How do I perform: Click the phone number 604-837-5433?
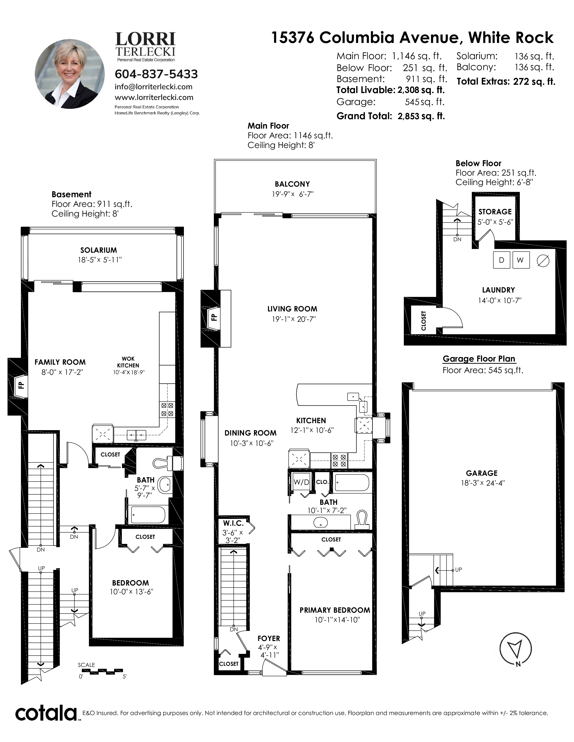click(156, 74)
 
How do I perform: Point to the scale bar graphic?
click(102, 671)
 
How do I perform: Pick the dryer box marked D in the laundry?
click(502, 260)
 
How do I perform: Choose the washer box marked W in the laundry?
click(521, 260)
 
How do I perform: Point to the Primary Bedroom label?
click(334, 610)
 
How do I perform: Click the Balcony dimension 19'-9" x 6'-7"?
click(292, 194)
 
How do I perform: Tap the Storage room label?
click(495, 212)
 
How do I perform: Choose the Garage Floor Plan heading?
click(479, 359)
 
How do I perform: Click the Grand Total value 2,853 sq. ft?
click(421, 116)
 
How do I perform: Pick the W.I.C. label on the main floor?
click(233, 523)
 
